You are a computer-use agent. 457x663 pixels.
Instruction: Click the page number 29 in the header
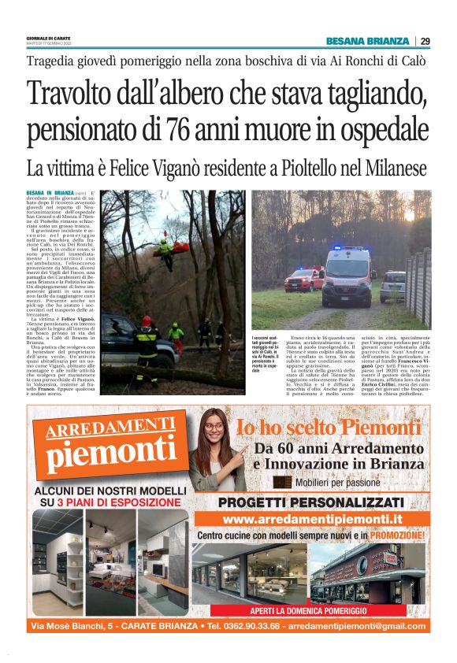[x=425, y=41]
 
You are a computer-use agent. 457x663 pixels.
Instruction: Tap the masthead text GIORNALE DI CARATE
[x=48, y=38]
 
